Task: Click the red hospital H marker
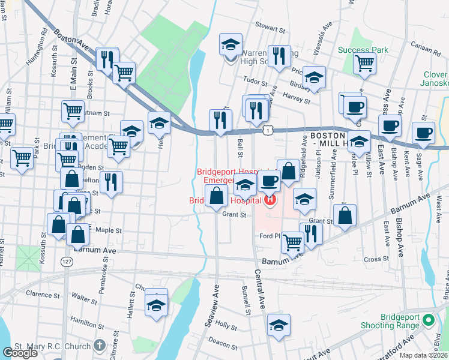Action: [x=270, y=199]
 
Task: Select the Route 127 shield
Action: [x=66, y=261]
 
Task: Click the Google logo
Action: [x=20, y=353]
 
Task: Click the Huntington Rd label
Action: [x=36, y=49]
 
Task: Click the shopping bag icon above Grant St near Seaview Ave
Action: [x=216, y=194]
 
